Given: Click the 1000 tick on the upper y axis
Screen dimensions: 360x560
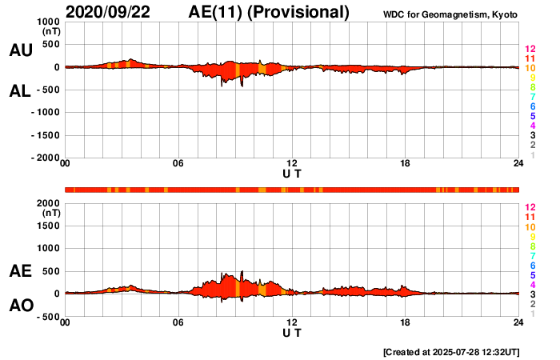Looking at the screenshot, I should coord(46,22).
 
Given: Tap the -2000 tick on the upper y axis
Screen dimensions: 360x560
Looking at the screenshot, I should coord(44,158).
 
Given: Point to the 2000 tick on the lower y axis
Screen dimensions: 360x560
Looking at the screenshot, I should coord(46,203).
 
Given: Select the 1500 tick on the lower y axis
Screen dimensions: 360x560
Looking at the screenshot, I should coord(46,226).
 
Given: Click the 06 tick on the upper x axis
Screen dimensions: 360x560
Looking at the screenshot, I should coord(178,164).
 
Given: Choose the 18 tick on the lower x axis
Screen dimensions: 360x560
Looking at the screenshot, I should coord(406,322).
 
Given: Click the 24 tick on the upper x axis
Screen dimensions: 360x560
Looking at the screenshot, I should coord(518,164).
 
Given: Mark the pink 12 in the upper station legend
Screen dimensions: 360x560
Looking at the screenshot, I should coord(530,50).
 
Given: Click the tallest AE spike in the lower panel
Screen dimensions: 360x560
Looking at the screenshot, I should coord(242,272).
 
